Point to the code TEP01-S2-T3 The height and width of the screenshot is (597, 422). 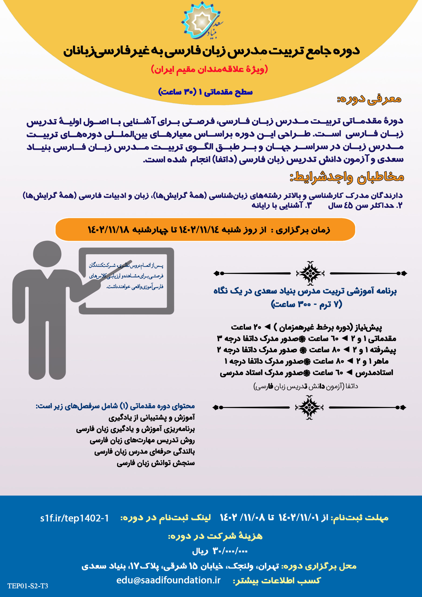click(x=28, y=586)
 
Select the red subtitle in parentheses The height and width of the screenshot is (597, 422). click(x=209, y=69)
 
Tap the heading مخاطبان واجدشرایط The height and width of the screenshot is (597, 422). click(x=347, y=177)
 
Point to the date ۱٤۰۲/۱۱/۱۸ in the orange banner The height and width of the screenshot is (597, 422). click(x=108, y=230)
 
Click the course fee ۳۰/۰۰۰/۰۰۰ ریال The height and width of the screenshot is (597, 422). click(x=220, y=550)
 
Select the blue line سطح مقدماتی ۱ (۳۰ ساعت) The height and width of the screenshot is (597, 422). click(x=205, y=92)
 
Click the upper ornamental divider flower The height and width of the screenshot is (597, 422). click(x=310, y=273)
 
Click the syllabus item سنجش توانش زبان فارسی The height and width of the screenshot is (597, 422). click(x=156, y=463)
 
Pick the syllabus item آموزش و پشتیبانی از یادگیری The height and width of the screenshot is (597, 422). click(x=152, y=418)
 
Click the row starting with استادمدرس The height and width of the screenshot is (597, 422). click(x=306, y=373)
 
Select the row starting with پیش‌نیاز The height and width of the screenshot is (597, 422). click(x=306, y=327)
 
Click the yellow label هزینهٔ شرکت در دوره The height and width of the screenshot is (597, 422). click(x=215, y=536)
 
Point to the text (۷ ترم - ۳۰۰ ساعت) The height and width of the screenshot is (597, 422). click(x=307, y=304)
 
